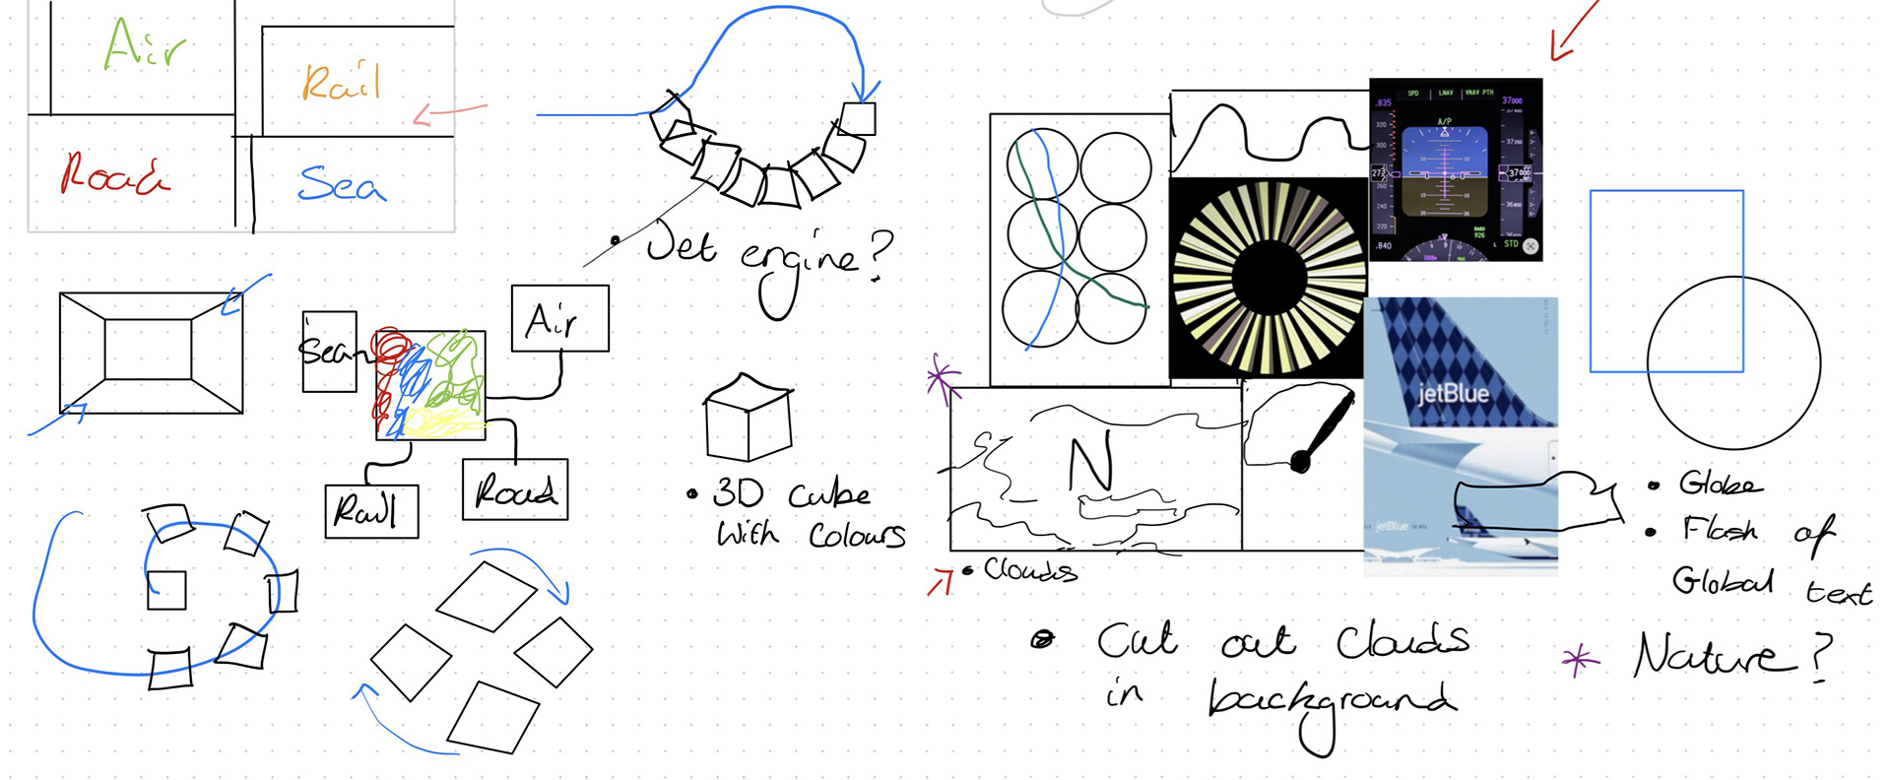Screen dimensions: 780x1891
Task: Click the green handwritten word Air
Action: click(x=144, y=44)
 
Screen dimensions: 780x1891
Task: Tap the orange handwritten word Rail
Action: click(x=341, y=82)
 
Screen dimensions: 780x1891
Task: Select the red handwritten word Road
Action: click(x=114, y=174)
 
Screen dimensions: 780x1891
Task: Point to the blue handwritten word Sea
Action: click(x=341, y=184)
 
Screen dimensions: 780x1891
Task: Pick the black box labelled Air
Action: click(x=559, y=318)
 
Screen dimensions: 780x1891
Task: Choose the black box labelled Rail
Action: click(x=371, y=511)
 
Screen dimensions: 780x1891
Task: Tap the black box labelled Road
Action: click(x=515, y=489)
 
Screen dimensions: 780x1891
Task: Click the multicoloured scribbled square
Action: click(x=430, y=385)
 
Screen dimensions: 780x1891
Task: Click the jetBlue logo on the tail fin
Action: click(x=1453, y=394)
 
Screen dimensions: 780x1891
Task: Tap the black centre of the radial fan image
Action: click(x=1266, y=279)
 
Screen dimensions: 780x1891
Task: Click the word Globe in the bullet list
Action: click(x=1720, y=484)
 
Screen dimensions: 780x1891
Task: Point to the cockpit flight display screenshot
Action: click(x=1456, y=169)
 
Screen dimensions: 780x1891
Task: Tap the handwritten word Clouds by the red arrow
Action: click(x=1030, y=570)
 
